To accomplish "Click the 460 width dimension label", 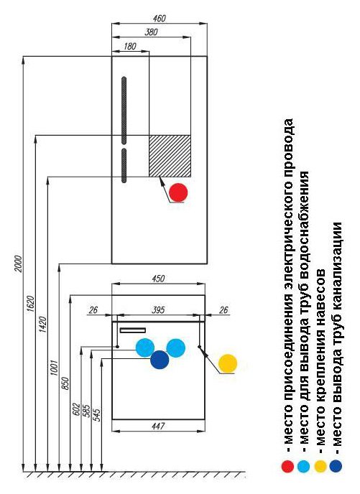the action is [160, 19].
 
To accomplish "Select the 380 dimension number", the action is [152, 32].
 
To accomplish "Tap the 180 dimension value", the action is [130, 46].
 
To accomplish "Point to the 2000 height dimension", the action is [19, 264].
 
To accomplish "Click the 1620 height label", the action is [30, 304].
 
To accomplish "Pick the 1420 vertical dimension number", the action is [42, 325].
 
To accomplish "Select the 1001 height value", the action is [54, 368].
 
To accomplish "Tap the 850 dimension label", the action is [65, 383].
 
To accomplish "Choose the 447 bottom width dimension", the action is [158, 427].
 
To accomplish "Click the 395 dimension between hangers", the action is [158, 310].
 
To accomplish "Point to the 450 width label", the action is [158, 279].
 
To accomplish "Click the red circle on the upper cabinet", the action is [178, 192].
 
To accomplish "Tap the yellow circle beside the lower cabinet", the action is [228, 363].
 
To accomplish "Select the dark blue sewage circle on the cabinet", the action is [160, 360].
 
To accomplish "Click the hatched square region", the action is [170, 156].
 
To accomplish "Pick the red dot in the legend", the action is [287, 466].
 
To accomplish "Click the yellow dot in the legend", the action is [320, 466].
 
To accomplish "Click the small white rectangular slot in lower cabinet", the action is [133, 330].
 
